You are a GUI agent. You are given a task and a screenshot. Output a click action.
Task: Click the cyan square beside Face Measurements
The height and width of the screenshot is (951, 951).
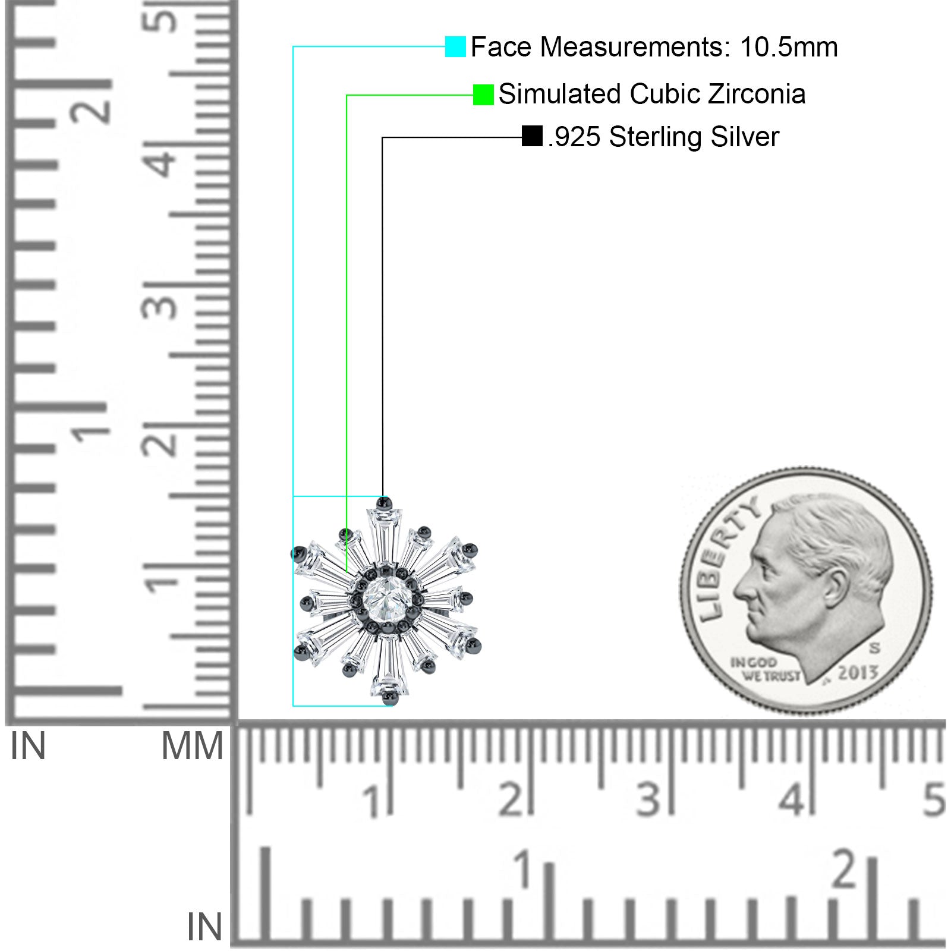[455, 46]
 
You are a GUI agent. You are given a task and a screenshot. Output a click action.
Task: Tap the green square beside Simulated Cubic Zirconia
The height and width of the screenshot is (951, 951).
[483, 95]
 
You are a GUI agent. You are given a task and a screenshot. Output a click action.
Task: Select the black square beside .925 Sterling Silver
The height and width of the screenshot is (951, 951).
[532, 136]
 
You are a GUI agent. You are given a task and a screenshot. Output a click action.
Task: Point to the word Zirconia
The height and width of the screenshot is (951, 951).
[757, 94]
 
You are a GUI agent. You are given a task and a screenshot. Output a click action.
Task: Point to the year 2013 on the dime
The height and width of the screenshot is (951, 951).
[857, 672]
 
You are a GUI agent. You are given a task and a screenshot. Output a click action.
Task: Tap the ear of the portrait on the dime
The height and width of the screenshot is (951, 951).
[836, 586]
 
